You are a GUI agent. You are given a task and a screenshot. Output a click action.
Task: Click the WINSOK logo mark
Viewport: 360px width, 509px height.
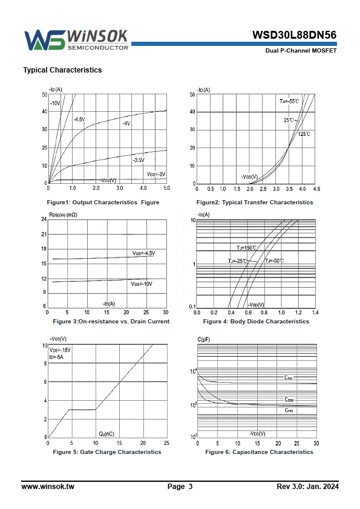point(45,40)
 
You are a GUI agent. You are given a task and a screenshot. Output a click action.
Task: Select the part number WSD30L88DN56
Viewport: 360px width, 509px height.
point(294,34)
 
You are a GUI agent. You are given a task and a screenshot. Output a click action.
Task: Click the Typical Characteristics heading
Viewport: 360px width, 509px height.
point(62,70)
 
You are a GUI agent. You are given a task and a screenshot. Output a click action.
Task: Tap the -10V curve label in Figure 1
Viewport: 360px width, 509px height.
point(55,103)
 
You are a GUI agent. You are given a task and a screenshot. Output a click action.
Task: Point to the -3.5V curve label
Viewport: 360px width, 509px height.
point(139,160)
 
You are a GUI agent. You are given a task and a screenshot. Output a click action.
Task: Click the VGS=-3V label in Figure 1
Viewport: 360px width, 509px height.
point(156,174)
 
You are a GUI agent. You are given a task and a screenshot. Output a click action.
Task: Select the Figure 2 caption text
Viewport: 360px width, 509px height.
point(255,203)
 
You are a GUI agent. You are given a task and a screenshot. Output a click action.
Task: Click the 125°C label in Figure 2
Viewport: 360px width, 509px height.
point(304,134)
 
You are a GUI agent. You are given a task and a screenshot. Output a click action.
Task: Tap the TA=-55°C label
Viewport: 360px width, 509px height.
point(289,102)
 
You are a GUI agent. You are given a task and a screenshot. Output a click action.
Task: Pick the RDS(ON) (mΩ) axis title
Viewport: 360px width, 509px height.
point(63,215)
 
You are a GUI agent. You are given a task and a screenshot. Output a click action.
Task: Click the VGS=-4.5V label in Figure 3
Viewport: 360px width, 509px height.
point(143,253)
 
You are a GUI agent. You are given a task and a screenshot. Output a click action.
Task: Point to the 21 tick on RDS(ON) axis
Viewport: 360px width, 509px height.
point(44,234)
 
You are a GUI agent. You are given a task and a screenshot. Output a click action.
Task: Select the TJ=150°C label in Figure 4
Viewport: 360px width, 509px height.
point(247,248)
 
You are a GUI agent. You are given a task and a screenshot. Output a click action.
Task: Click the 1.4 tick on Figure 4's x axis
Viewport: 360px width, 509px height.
point(315,313)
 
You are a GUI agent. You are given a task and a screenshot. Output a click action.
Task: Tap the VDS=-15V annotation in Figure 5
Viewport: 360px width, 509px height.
point(60,350)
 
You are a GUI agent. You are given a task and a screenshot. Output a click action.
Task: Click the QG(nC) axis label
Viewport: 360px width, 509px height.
point(106,434)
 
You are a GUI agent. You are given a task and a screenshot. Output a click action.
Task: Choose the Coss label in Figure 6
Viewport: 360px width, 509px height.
point(289,400)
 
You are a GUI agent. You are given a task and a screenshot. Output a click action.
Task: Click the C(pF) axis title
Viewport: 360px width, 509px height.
point(204,340)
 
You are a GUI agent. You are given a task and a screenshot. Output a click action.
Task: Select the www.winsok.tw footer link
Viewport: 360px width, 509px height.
point(48,486)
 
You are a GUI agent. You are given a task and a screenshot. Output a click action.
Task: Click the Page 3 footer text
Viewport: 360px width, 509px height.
point(180,486)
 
